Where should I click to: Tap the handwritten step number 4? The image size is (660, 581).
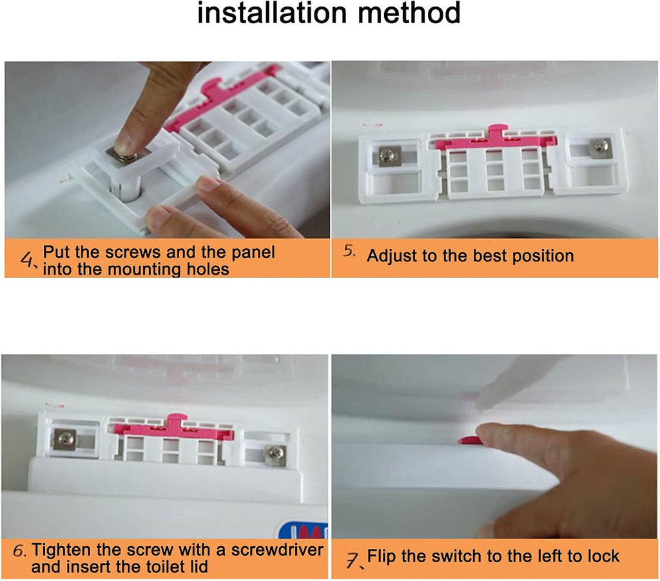click(28, 259)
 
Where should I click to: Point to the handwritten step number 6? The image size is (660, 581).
click(19, 551)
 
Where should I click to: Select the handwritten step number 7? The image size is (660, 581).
click(354, 560)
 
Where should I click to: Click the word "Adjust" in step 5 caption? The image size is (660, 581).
click(393, 256)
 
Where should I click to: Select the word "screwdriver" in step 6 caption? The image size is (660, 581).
click(277, 550)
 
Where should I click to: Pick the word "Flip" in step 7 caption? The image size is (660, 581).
click(382, 556)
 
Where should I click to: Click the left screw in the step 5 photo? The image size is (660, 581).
click(387, 156)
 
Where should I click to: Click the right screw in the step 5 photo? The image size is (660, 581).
click(601, 147)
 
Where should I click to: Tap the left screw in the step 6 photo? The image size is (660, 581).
click(66, 439)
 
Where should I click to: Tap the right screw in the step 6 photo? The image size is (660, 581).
click(275, 454)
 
